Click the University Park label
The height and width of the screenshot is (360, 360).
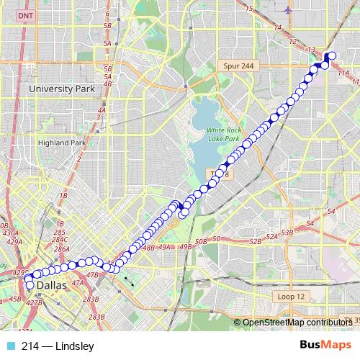point(61,89)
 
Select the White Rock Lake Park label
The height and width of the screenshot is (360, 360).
point(222,134)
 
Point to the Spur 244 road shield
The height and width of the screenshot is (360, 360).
point(236,66)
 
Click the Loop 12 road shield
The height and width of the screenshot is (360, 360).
point(291,297)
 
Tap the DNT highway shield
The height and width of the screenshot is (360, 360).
point(26,15)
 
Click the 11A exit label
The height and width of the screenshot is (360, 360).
point(343,73)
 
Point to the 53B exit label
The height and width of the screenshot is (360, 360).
point(287,233)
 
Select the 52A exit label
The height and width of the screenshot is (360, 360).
point(271,236)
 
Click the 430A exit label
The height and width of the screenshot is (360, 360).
point(10,233)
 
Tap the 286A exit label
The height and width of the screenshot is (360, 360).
point(61,249)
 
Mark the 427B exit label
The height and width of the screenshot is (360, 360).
point(34,303)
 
